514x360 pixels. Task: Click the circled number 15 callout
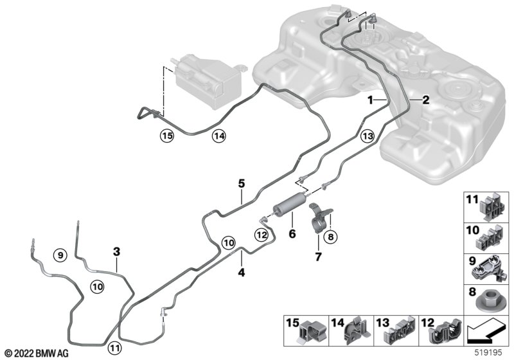click(x=167, y=136)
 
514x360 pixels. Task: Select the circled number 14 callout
click(x=219, y=136)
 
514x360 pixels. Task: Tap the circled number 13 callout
click(x=368, y=136)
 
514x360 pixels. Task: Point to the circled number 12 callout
click(x=262, y=235)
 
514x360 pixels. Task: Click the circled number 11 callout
click(x=114, y=347)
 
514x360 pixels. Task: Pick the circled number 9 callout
click(x=60, y=255)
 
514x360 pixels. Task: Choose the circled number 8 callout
click(x=330, y=237)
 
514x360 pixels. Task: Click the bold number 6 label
click(x=292, y=234)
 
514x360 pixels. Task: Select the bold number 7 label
click(x=318, y=256)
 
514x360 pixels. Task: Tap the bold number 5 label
click(x=242, y=184)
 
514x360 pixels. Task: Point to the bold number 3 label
click(x=117, y=252)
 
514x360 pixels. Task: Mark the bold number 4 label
click(x=242, y=272)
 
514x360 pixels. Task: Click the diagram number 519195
click(x=488, y=353)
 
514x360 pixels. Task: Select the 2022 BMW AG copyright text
click(x=37, y=354)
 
